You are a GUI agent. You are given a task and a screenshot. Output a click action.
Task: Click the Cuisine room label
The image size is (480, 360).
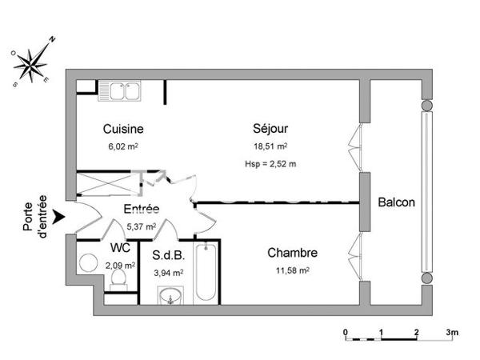tap(123, 129)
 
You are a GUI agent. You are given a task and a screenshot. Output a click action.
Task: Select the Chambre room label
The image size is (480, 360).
tap(292, 253)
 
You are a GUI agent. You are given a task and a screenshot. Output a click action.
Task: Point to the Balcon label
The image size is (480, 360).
tap(397, 202)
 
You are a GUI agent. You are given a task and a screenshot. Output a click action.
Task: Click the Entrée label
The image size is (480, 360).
tap(141, 210)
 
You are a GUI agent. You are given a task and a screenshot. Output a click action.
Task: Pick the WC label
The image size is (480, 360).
tap(119, 247)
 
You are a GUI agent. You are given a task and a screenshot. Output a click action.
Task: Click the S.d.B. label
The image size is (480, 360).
tap(168, 257)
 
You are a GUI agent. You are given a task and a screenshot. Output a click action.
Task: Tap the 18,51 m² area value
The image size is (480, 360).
tap(270, 146)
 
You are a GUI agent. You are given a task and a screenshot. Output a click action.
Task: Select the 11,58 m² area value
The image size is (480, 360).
tap(293, 270)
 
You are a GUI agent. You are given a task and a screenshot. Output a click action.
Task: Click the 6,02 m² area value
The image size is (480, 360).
tap(123, 146)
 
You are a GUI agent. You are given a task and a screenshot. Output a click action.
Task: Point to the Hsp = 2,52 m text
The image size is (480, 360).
tap(270, 165)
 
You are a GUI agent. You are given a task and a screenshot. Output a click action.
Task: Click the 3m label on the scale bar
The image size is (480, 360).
tap(452, 331)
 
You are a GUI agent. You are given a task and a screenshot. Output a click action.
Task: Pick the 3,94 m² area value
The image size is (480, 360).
tap(168, 272)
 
